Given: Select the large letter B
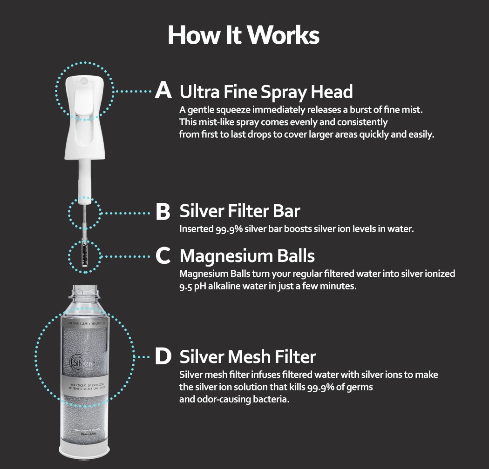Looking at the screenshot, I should [163, 212].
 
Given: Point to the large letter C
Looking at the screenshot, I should [163, 256].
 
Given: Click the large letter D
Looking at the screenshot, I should [163, 357].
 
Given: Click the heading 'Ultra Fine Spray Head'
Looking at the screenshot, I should [266, 92].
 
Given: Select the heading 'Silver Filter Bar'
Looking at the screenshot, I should [240, 212].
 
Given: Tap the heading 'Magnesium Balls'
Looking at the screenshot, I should [247, 256].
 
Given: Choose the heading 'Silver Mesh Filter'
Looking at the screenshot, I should [248, 357].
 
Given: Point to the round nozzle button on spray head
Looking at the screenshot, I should [83, 81].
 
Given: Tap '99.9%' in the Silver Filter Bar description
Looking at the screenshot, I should [228, 229].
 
